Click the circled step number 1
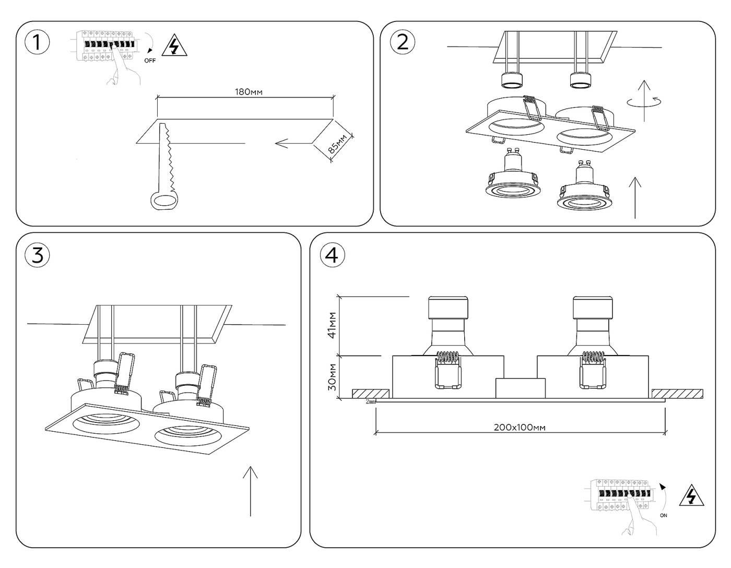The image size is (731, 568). coord(37,42)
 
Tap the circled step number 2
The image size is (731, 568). coord(403,41)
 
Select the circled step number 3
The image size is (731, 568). coord(37,255)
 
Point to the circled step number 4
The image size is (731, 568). coord(332,255)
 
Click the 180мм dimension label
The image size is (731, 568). coord(248,92)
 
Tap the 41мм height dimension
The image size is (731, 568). coord(331,326)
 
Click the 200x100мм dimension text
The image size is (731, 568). coord(520,427)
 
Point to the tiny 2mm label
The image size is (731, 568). coord(371,401)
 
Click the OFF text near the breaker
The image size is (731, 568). coord(150,61)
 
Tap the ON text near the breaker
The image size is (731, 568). coord(663,515)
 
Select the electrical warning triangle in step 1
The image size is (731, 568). coord(174,46)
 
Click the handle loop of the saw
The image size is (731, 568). coord(164,200)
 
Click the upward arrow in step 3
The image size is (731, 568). coord(251,491)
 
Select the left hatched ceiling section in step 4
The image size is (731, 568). coord(370,393)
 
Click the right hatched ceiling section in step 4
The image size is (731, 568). coord(677,393)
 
